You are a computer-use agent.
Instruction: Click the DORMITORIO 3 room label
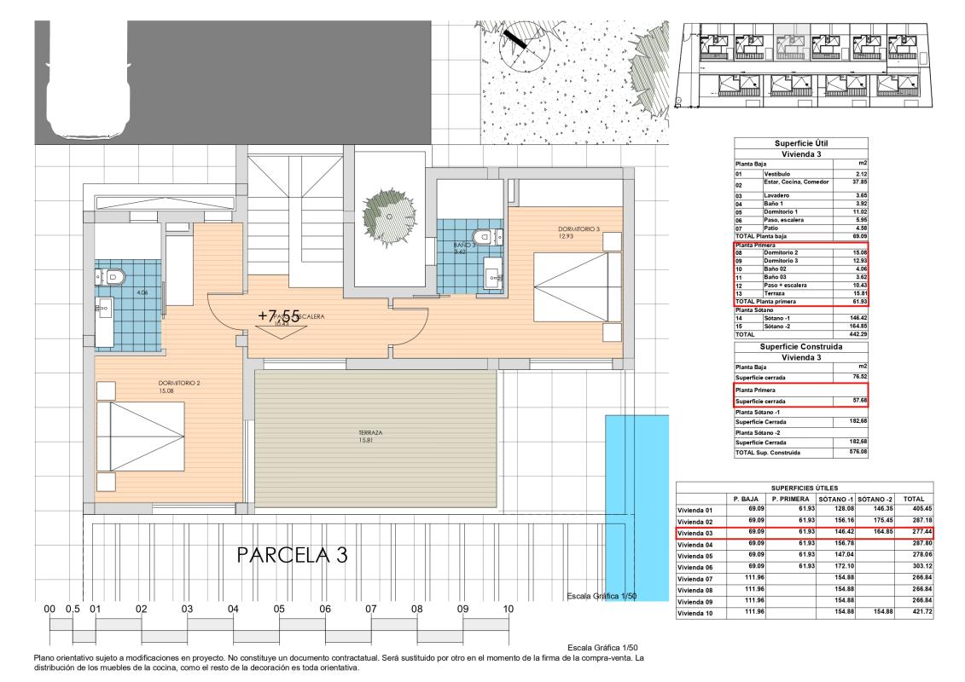click(579, 228)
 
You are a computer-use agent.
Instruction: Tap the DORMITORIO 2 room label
click(178, 384)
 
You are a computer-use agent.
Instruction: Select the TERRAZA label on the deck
click(370, 433)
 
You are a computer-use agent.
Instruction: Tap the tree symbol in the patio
click(389, 206)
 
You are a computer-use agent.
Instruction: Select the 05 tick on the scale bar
click(279, 610)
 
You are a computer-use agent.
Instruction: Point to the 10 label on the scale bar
click(508, 610)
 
